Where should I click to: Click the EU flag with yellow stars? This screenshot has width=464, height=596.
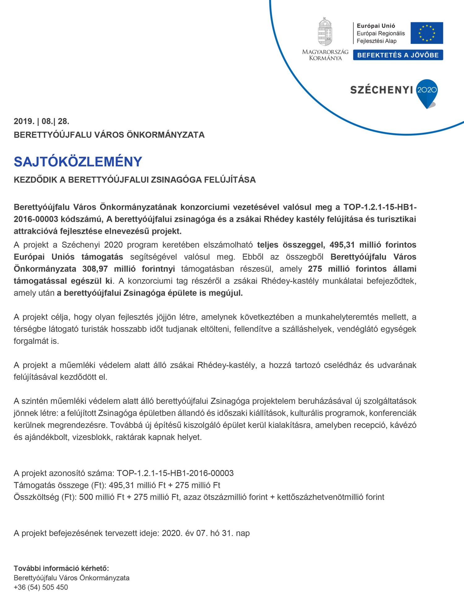coord(427,33)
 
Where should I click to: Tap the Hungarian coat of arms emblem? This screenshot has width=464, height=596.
coord(325,32)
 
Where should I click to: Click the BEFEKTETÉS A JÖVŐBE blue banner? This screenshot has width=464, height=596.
coord(398,55)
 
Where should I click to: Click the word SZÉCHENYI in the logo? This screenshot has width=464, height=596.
coord(381,90)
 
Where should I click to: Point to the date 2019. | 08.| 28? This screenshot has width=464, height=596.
coord(41,121)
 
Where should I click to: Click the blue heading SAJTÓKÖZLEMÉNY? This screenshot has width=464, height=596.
coord(78,162)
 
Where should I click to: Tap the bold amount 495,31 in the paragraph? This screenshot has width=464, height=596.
coord(342,245)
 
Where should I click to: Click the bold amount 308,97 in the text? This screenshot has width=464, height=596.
coord(95,269)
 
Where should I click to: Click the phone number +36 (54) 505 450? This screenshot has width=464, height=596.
coord(41,587)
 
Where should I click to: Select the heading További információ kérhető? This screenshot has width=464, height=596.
coord(61,568)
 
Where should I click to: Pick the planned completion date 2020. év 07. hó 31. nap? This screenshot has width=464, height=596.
coord(206,533)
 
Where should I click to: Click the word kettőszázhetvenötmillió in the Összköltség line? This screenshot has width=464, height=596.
coord(320,497)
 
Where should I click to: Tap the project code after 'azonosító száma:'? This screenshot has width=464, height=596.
coord(175,473)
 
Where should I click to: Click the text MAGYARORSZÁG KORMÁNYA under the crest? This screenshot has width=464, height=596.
coord(325,55)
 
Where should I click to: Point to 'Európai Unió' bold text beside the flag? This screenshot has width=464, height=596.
coord(376,26)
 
